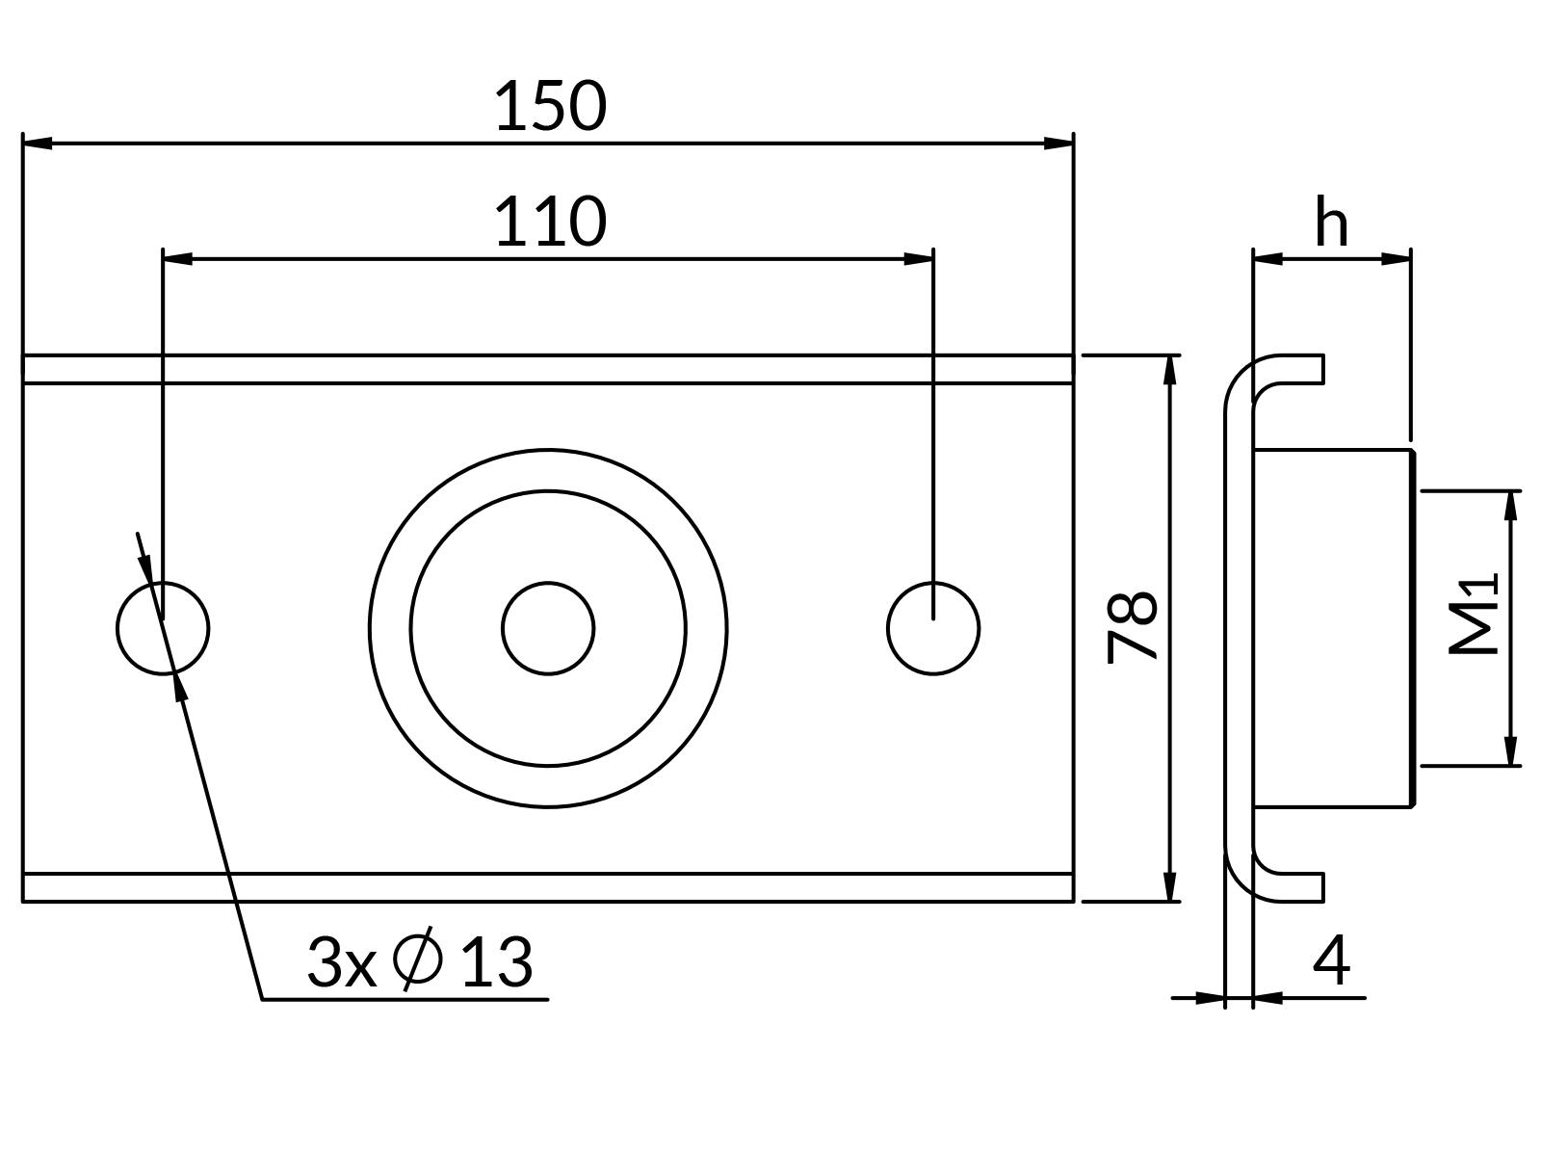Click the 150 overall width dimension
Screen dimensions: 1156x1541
tap(550, 106)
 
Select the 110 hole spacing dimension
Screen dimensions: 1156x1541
tap(550, 222)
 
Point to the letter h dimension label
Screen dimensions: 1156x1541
tap(1331, 224)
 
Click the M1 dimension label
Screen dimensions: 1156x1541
tap(1475, 615)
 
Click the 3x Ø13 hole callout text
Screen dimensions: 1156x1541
tap(419, 960)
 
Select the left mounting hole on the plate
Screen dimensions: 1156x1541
tap(163, 628)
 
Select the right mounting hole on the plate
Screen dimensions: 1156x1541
tap(933, 628)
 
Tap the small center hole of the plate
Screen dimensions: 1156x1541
tap(548, 628)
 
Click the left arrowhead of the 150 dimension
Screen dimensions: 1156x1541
tap(38, 143)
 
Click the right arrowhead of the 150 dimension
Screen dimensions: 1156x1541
tap(1058, 143)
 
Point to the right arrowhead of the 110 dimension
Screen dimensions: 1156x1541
tap(919, 258)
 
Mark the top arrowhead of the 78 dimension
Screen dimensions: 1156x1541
tap(1170, 370)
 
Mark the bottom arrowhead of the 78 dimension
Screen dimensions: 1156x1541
tap(1170, 887)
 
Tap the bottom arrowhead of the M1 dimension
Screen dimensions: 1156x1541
tap(1510, 751)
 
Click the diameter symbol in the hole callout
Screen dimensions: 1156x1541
tap(419, 960)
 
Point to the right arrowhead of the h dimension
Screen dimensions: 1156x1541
tap(1397, 258)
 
